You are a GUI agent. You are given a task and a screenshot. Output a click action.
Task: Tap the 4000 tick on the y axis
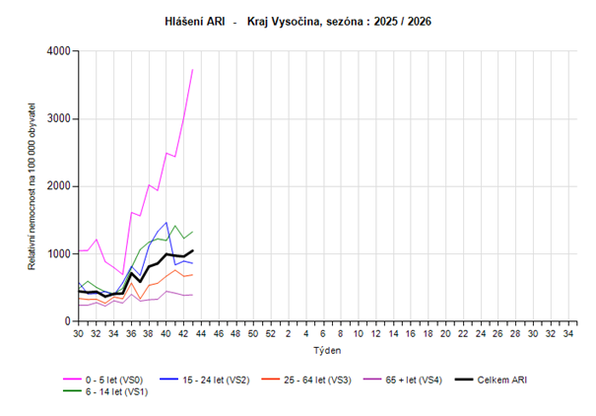click(59, 51)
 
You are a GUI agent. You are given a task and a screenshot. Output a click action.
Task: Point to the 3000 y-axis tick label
click(59, 119)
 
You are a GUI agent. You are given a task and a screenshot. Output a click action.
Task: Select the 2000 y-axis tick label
click(59, 186)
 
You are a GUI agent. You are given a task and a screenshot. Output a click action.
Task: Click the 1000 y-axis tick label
click(59, 254)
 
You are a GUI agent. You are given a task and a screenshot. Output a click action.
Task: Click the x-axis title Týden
click(325, 350)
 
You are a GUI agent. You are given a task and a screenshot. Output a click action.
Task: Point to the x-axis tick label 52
click(270, 334)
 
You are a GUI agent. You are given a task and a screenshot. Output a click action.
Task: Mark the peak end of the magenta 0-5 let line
click(192, 69)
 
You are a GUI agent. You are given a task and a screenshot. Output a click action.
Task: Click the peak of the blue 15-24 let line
click(166, 223)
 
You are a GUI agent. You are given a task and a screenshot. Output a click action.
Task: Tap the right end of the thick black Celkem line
click(192, 250)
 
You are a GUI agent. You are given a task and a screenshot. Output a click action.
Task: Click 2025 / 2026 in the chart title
click(403, 20)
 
